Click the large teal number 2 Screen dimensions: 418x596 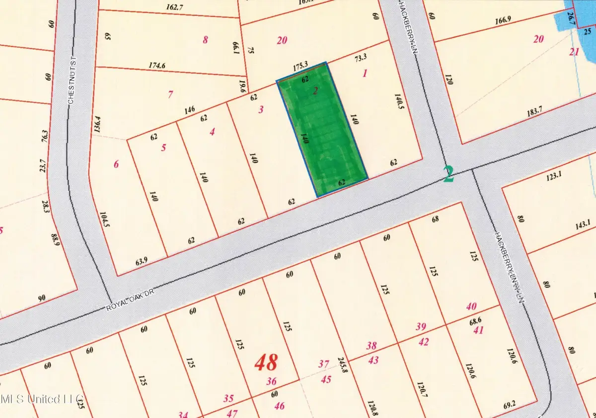coord(448,174)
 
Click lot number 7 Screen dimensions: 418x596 coord(170,94)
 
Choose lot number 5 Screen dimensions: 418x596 coord(163,147)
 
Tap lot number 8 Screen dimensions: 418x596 coord(206,40)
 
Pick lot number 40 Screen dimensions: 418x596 coord(471,306)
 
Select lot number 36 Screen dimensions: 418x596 coord(271,382)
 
